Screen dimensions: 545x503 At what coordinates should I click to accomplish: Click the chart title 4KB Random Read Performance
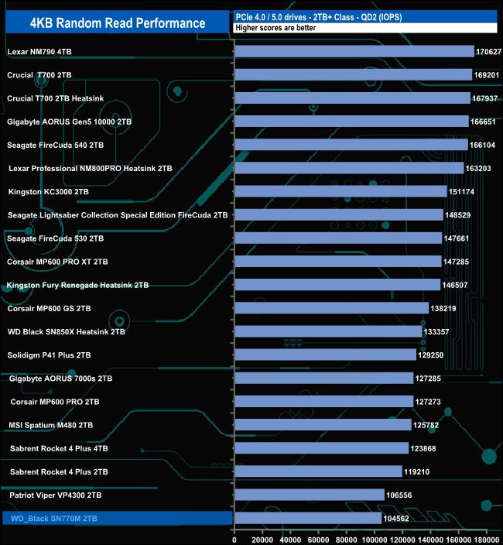(118, 22)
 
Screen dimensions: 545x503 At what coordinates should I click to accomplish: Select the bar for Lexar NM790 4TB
(354, 52)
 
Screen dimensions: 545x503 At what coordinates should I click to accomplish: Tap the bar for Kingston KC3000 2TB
(340, 191)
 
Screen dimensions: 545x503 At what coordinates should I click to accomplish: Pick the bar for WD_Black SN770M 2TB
(308, 518)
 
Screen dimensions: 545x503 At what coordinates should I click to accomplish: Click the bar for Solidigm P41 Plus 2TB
(325, 355)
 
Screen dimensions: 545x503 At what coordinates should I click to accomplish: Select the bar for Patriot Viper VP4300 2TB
(310, 494)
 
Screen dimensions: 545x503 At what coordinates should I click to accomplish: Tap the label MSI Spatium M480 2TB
(50, 425)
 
